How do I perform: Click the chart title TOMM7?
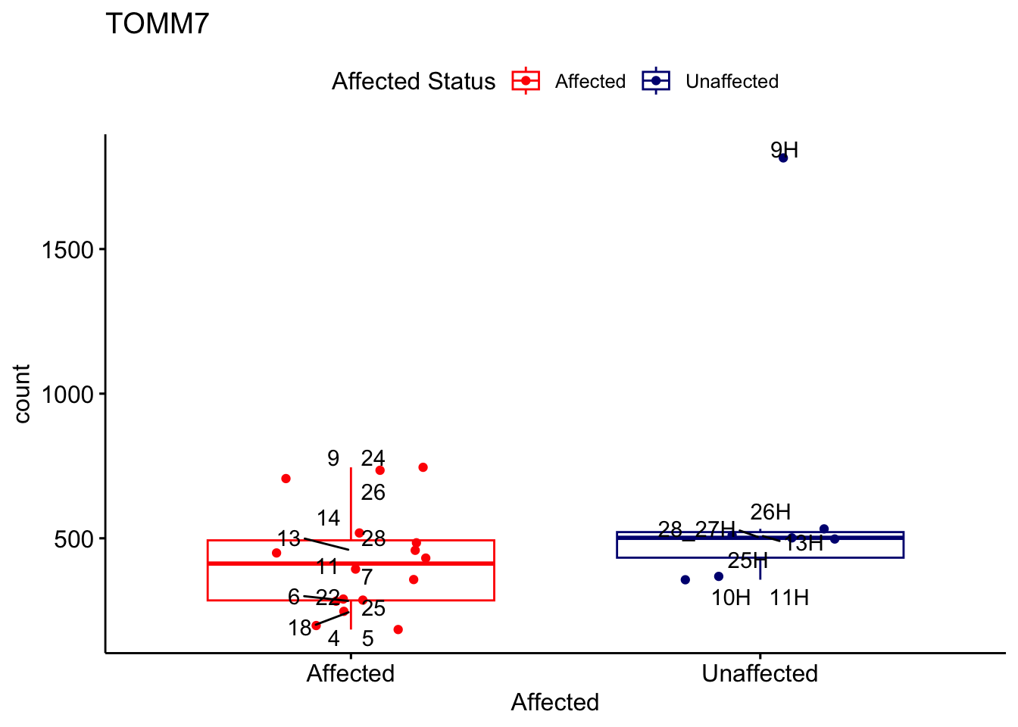[157, 24]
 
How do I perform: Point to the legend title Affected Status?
[414, 82]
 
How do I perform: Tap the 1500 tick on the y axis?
[67, 250]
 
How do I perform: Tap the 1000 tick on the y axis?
[67, 395]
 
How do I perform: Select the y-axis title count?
[23, 394]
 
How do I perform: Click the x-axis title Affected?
[554, 703]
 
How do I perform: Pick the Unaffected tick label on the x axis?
[760, 674]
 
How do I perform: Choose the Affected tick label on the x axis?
[350, 674]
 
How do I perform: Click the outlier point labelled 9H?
[783, 158]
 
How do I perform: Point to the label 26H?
[770, 513]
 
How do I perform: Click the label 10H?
[731, 598]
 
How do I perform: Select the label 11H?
[789, 598]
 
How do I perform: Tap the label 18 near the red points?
[300, 629]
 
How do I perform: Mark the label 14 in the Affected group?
[328, 519]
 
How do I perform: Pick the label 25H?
[748, 561]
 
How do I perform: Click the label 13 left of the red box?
[289, 539]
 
